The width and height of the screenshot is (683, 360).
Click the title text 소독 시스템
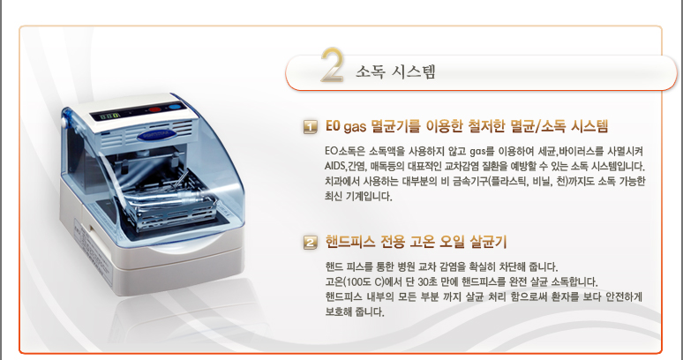(x=395, y=71)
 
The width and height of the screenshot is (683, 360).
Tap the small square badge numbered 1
(x=310, y=128)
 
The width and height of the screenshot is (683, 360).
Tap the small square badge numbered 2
(x=310, y=243)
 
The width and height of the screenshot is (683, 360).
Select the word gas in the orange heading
(x=355, y=128)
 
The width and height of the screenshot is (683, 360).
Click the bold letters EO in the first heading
(x=333, y=127)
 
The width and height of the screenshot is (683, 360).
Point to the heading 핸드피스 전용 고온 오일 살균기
(x=416, y=242)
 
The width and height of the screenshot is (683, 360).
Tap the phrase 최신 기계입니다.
(x=358, y=197)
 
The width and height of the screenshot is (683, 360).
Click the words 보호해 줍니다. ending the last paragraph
(x=355, y=312)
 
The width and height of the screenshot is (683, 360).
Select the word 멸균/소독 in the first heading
(x=529, y=127)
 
